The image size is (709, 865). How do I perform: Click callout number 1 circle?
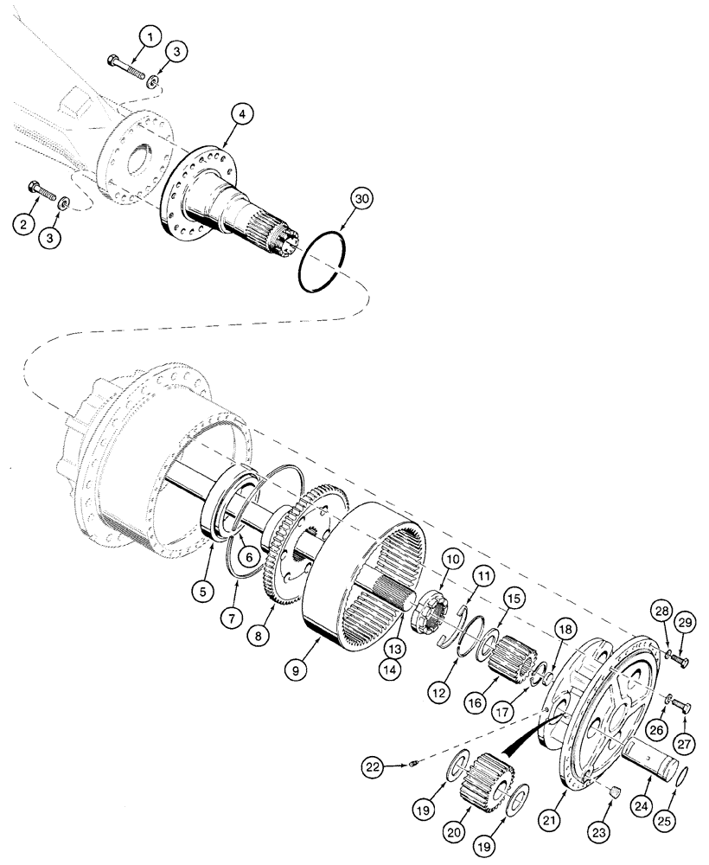tap(150, 37)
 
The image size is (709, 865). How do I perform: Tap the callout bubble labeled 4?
tap(242, 114)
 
